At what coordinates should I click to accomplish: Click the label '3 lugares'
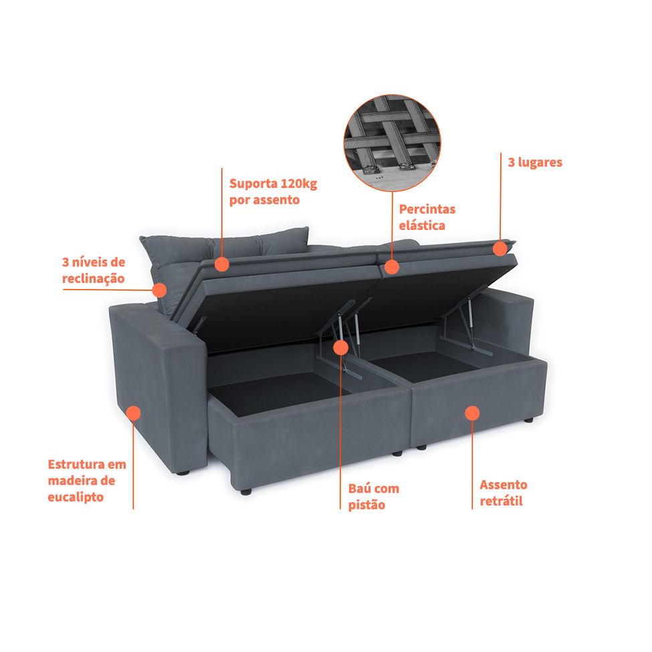[535, 162]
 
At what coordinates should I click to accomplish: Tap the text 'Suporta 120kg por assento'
[274, 192]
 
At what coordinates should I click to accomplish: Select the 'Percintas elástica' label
[427, 217]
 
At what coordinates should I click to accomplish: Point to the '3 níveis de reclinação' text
[94, 270]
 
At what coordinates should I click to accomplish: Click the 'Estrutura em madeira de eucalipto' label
[87, 480]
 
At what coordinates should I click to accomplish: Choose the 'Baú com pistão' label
[373, 496]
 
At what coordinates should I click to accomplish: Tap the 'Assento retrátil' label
[503, 493]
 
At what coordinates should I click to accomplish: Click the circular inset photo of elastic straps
[392, 142]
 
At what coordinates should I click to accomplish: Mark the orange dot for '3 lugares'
[500, 249]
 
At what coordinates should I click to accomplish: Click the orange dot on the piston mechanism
[340, 348]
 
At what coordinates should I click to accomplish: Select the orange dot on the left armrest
[133, 413]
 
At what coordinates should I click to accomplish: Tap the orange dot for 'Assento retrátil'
[472, 413]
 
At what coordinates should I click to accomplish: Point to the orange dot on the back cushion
[159, 290]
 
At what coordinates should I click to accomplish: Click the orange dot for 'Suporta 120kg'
[222, 264]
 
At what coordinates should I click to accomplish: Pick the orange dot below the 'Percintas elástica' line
[392, 267]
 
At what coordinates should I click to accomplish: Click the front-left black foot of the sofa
[246, 492]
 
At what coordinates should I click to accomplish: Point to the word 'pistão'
[366, 505]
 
